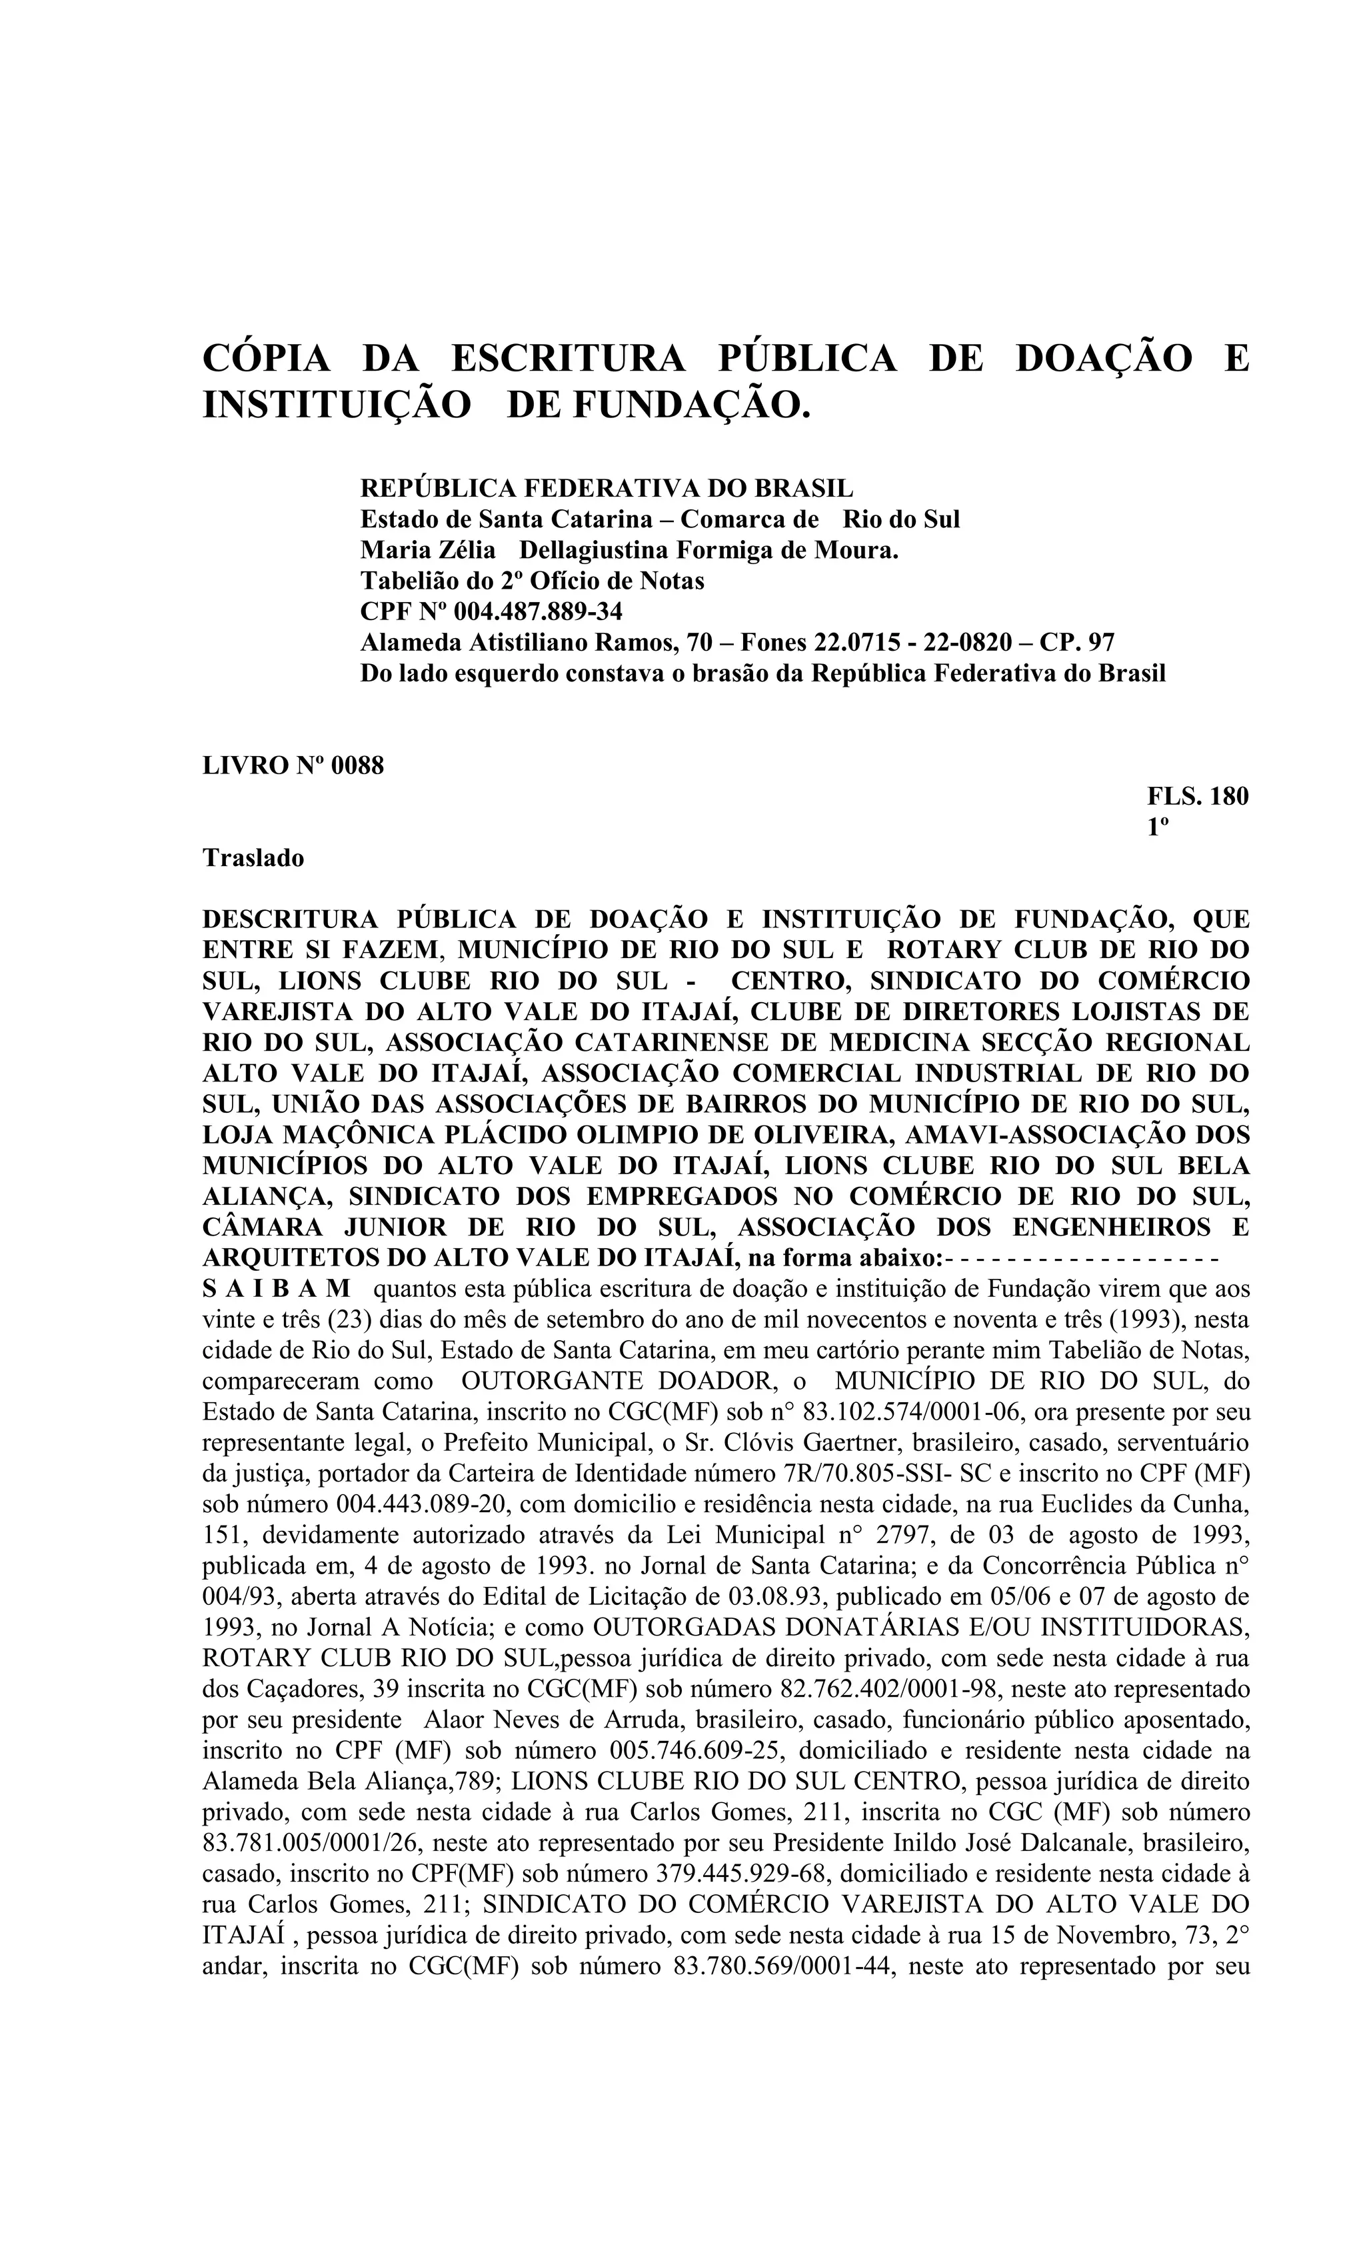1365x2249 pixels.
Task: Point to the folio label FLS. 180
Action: [1197, 796]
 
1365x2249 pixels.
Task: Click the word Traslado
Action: [253, 858]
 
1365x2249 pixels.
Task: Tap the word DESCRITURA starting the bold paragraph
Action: [291, 919]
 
